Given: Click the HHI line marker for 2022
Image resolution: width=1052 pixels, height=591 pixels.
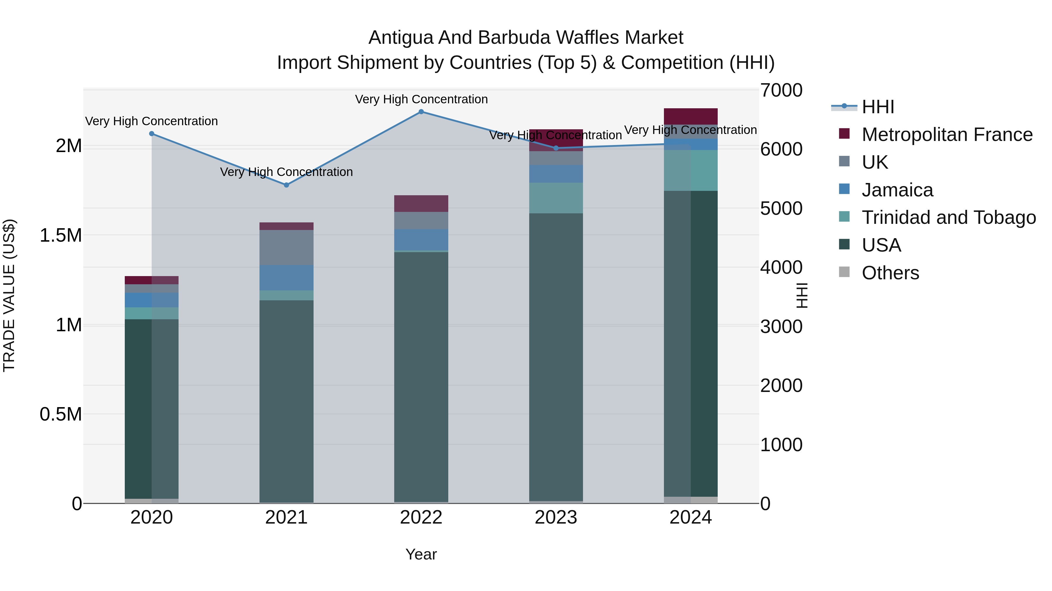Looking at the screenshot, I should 421,112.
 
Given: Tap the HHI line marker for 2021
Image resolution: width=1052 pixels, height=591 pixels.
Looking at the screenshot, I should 286,185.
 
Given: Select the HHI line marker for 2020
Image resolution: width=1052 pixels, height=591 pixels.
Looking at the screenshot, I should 151,134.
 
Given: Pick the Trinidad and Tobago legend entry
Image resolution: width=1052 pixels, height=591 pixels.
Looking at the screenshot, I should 949,217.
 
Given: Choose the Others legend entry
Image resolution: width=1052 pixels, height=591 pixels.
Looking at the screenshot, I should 890,273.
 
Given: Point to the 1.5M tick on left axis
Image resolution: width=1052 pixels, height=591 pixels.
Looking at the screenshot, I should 60,235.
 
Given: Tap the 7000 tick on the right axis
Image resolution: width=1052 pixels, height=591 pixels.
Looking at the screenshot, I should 781,90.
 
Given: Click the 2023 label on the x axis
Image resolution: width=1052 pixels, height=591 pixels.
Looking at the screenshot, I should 556,517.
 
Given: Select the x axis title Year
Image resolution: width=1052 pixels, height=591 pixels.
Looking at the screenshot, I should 421,554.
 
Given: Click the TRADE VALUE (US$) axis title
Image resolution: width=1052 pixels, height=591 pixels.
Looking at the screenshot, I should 9,295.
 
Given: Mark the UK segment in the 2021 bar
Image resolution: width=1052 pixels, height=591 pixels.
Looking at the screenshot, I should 286,247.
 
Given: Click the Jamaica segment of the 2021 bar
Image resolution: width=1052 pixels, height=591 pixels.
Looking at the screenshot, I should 286,278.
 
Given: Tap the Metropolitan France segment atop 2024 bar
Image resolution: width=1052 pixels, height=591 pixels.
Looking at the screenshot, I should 691,116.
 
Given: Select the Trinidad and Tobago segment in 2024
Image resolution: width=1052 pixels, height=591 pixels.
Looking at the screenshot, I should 691,170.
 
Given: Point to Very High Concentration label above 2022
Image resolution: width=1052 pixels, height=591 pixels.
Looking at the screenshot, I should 421,99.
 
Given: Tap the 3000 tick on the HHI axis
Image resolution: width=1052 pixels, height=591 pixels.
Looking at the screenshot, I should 781,327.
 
